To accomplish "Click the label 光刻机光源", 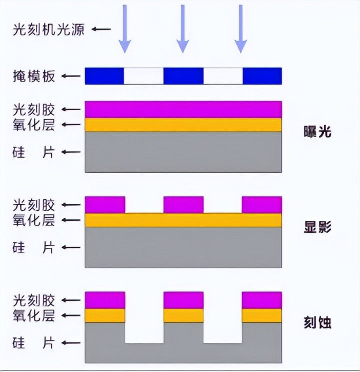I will pos(49,29).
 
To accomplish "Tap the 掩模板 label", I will pos(33,77).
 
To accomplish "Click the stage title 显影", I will pos(317,227).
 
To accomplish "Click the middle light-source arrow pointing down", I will pos(183,28).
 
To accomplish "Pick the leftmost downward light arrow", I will pos(124,28).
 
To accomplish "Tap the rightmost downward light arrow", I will pos(241,28).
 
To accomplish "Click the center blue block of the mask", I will pos(183,76).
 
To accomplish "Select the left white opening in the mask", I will pos(143,76).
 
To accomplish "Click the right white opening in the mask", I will pos(223,76).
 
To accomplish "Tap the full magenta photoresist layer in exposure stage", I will pos(183,109).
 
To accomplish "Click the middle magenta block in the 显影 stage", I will pos(183,204).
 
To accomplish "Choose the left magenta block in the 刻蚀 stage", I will pos(105,300).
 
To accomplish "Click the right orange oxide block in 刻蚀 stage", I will pos(261,315).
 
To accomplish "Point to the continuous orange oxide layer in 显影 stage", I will pos(183,220).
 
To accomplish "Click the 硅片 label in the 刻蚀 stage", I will pos(33,343).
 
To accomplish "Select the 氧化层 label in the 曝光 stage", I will pos(33,125).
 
